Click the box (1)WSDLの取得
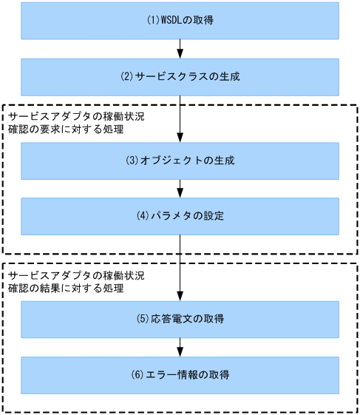[x=180, y=20]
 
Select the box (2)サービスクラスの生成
[x=180, y=76]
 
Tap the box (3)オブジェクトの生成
[x=180, y=161]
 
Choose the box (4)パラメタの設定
[x=180, y=216]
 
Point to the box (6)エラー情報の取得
[x=180, y=375]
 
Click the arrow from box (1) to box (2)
[x=180, y=48]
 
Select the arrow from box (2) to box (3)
[x=180, y=118]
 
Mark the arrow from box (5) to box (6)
[x=180, y=347]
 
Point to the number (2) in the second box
[x=126, y=77]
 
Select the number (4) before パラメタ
[x=143, y=217]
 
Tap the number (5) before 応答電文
[x=143, y=320]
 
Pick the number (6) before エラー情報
[x=137, y=376]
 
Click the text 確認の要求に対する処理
[x=65, y=130]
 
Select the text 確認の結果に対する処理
[x=65, y=289]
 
